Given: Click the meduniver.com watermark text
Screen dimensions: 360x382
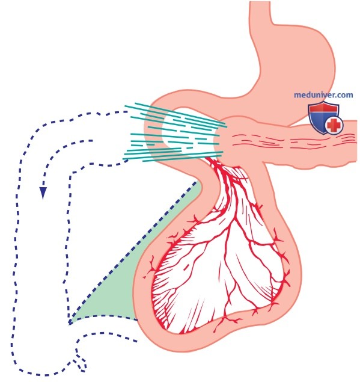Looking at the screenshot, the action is [323, 95].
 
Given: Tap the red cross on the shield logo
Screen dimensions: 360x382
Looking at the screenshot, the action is [334, 125].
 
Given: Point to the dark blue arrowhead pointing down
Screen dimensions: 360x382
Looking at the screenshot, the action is [43, 193].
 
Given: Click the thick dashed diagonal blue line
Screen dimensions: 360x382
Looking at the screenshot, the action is [133, 253].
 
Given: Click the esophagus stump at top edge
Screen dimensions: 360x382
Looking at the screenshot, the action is [260, 10].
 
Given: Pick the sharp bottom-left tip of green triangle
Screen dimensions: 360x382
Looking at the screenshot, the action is [69, 324].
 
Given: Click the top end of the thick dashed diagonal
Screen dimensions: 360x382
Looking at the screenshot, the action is [197, 182].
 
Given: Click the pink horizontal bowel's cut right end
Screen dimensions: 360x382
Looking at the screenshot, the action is [356, 143].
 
